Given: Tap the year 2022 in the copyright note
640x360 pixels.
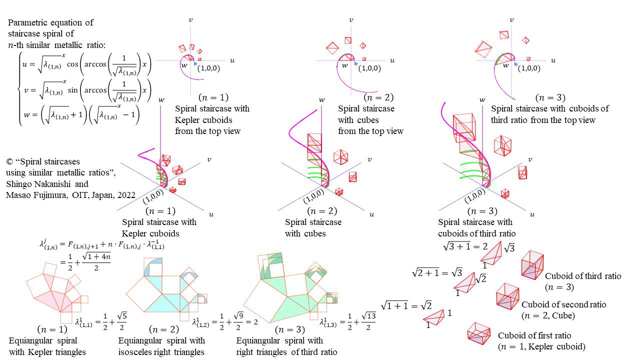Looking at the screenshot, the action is tap(126, 195).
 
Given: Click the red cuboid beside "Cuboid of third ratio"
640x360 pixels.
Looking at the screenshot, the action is tap(532, 265).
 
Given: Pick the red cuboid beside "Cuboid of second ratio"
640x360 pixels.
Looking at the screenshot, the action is tap(507, 296).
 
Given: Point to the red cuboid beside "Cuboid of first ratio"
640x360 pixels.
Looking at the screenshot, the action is tap(479, 333).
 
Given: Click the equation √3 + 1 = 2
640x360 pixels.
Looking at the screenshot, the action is tap(465, 246).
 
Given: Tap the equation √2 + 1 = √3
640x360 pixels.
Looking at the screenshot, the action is tap(437, 273).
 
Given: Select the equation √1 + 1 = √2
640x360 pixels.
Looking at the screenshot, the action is tap(406, 306).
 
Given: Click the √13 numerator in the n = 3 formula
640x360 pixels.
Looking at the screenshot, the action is tap(368, 316).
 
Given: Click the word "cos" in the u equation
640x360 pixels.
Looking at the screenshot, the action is tap(72, 64).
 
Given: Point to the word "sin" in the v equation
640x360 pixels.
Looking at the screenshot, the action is tap(73, 90).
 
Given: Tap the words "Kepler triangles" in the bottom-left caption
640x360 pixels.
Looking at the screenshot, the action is tap(57, 352).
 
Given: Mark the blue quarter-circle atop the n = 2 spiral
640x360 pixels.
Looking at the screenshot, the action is tap(153, 266).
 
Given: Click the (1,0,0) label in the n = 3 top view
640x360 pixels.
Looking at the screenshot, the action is tap(529, 68).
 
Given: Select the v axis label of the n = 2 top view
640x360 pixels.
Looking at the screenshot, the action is tap(351, 20).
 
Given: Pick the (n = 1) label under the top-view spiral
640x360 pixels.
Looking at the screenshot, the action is tap(213, 97).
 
